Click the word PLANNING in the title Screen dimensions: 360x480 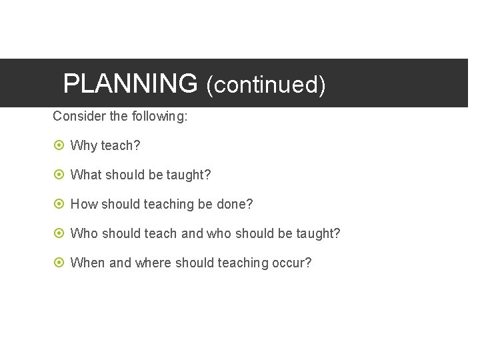(x=130, y=84)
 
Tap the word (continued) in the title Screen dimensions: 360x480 (x=265, y=85)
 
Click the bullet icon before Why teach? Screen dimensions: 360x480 (x=58, y=145)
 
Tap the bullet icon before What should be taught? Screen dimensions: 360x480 (x=58, y=175)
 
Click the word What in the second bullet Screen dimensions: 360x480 (x=85, y=175)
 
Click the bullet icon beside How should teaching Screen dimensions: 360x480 (x=58, y=204)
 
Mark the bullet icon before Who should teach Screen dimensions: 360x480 (x=58, y=233)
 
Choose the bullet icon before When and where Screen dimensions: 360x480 (x=58, y=263)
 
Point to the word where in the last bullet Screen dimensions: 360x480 (x=153, y=263)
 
